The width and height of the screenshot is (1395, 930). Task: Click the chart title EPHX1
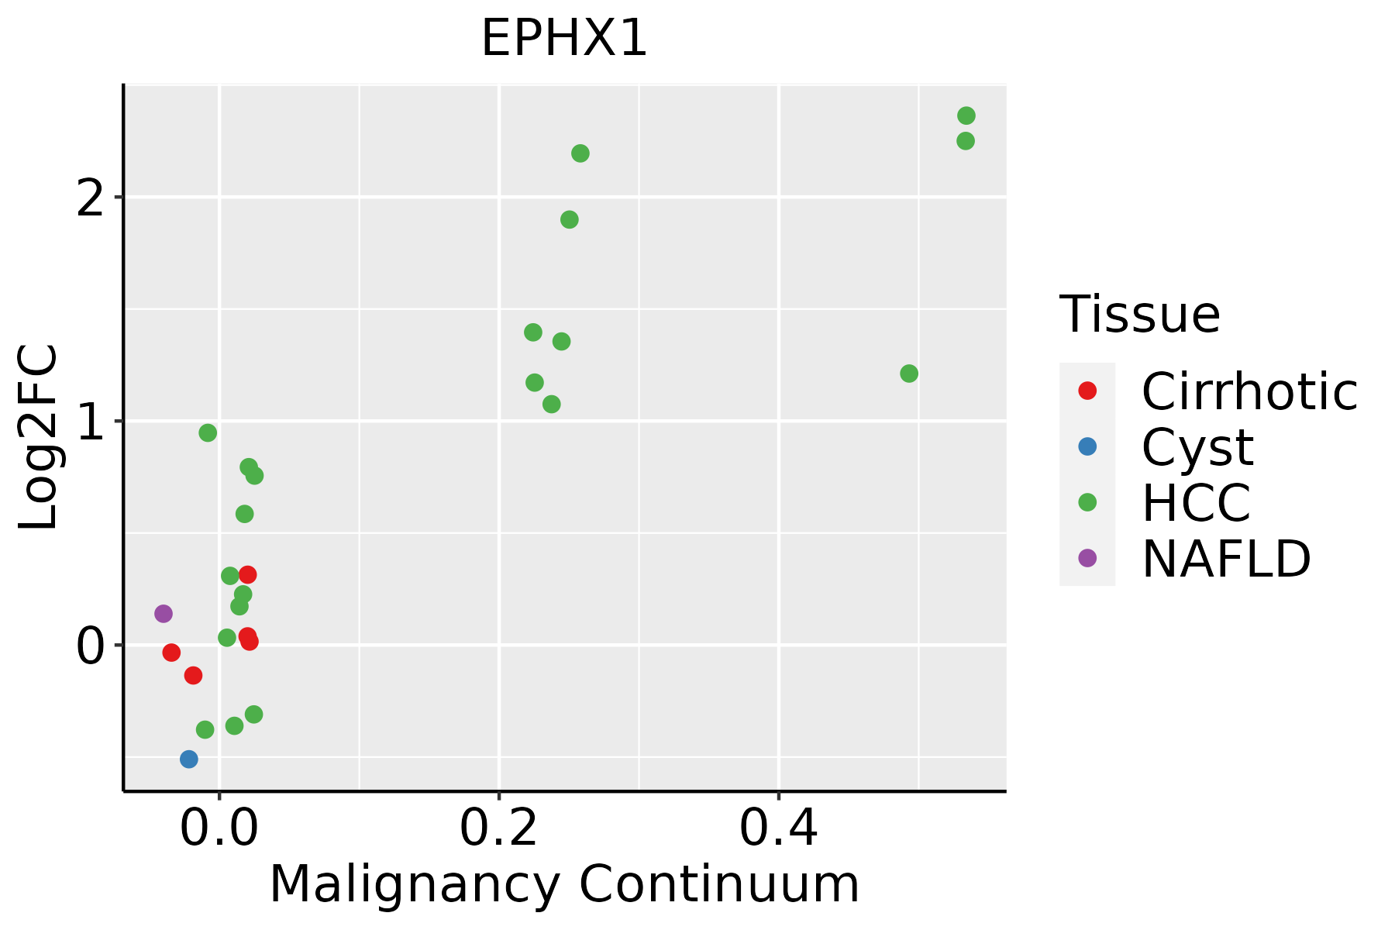point(563,39)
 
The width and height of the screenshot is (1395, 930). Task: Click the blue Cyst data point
point(189,759)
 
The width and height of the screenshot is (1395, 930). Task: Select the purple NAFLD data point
point(163,614)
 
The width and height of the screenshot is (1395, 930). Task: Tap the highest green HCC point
point(966,116)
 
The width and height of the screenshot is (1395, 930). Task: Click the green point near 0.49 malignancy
point(909,374)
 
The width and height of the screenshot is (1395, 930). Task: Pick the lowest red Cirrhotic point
point(193,676)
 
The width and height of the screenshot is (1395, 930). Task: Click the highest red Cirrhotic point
point(248,575)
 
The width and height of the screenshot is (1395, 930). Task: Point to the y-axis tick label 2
point(91,198)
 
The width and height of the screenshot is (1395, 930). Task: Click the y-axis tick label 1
point(91,422)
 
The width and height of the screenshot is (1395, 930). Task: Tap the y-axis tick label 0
point(91,646)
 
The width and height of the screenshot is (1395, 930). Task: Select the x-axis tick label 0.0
point(219,829)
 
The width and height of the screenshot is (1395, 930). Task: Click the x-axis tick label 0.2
point(499,829)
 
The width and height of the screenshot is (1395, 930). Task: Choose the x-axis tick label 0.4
point(778,829)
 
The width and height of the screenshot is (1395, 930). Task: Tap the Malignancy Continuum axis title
point(563,884)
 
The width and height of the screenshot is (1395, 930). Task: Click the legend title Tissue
point(1139,315)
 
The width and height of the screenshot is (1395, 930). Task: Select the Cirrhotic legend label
point(1249,391)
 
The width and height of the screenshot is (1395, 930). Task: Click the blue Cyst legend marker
point(1087,446)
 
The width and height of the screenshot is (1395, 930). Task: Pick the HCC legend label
point(1196,502)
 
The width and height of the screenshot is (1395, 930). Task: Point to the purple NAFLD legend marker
point(1087,557)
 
